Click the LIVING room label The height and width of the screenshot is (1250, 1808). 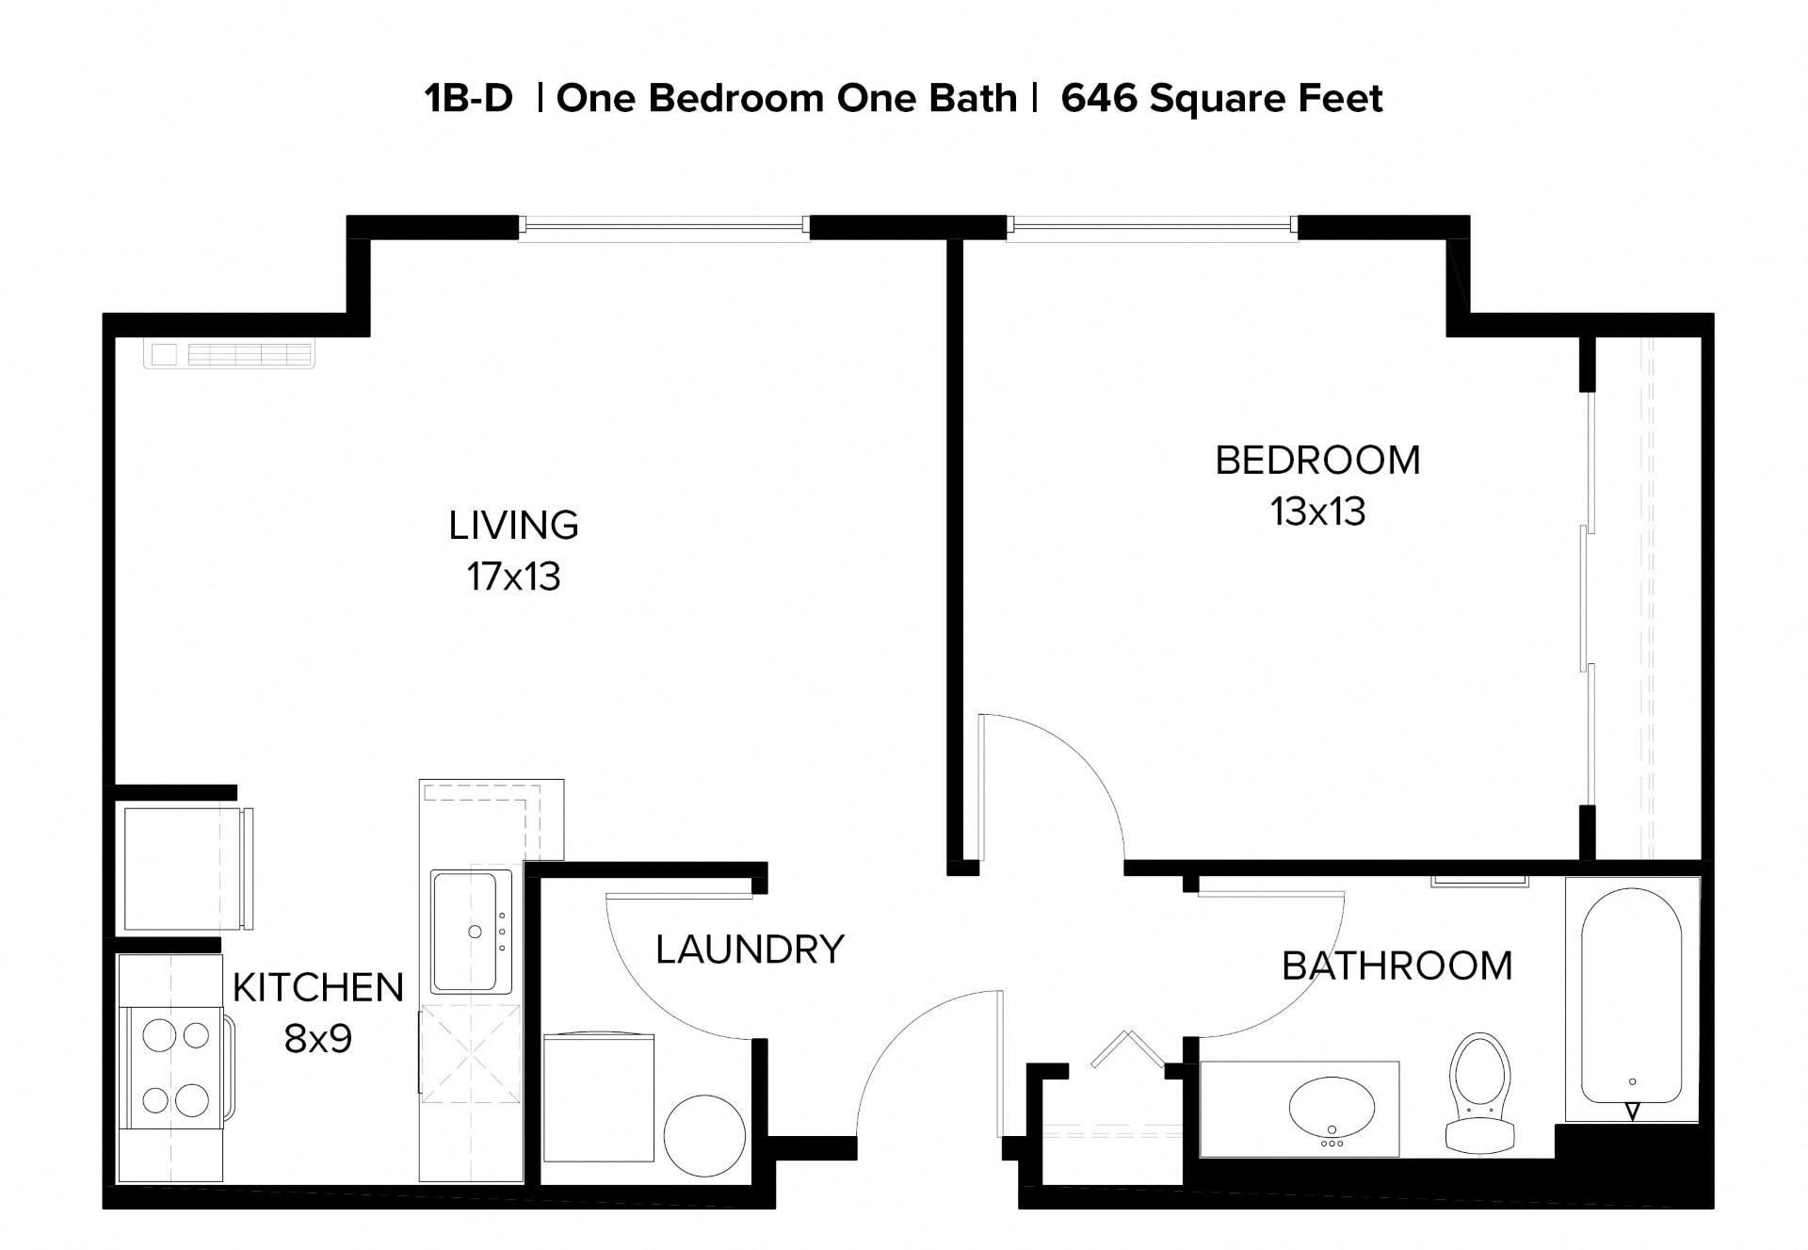click(513, 526)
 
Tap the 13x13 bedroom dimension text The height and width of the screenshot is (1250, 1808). click(1317, 512)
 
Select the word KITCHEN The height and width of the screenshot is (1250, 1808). click(317, 987)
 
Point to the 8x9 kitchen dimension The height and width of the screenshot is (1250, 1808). click(317, 1039)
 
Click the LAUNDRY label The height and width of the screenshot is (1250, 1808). click(750, 950)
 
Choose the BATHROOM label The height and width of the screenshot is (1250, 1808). click(1396, 966)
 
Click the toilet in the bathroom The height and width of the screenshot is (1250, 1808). click(1480, 1093)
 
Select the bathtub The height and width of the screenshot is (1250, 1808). click(1632, 997)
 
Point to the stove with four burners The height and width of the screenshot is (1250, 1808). click(176, 1066)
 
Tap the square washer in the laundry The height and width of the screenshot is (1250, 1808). click(599, 1097)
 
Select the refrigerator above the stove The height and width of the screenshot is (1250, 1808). click(179, 868)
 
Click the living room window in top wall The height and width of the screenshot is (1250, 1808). click(664, 225)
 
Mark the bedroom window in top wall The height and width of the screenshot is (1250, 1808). click(1153, 225)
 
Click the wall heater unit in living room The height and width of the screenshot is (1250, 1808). click(229, 354)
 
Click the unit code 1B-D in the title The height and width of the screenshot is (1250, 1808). click(468, 98)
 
